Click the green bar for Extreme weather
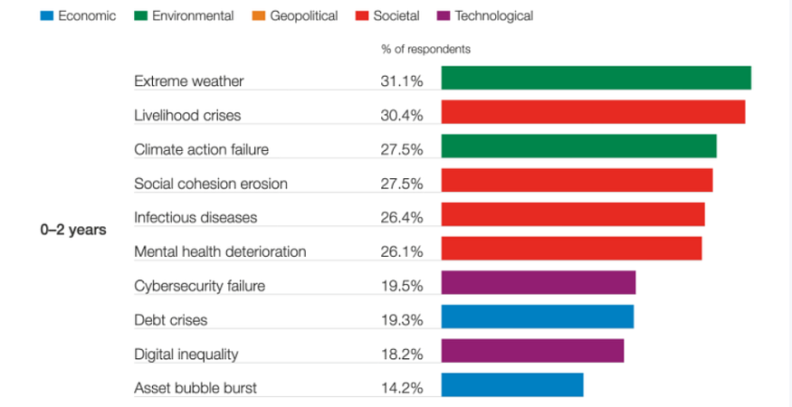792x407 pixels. (x=596, y=78)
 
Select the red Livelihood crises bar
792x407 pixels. (x=593, y=112)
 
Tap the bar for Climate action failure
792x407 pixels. (x=578, y=147)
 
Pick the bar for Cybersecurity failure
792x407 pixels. (x=539, y=283)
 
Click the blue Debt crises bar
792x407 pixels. (x=538, y=317)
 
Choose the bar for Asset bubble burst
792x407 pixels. (x=512, y=385)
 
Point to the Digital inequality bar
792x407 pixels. (x=532, y=351)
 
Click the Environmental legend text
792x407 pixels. (x=193, y=16)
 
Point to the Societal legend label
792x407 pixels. (x=396, y=16)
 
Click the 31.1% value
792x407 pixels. (x=401, y=81)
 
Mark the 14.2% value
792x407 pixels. (x=401, y=388)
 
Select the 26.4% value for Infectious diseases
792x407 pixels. (x=401, y=218)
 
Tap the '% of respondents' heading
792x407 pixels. (x=425, y=49)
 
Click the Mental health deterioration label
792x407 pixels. (x=220, y=251)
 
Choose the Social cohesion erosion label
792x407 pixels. (x=211, y=184)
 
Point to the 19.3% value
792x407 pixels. (x=401, y=320)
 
